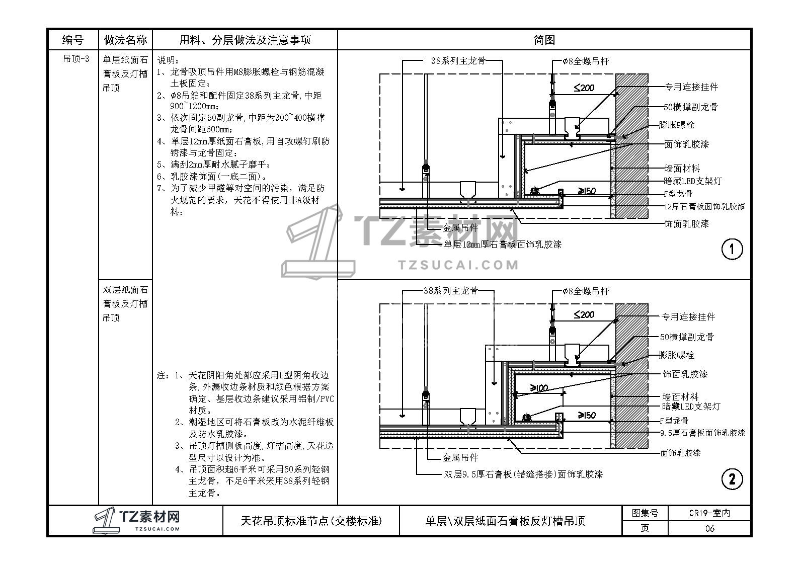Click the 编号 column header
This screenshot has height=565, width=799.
click(x=72, y=40)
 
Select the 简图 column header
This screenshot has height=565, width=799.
click(x=544, y=40)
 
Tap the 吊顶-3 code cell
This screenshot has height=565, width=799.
click(x=76, y=59)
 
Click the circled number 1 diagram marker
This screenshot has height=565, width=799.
click(x=732, y=249)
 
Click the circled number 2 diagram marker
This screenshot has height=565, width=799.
click(x=732, y=479)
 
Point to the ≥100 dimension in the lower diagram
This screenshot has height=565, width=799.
click(x=539, y=388)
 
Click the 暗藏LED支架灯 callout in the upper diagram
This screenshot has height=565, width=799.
click(x=693, y=181)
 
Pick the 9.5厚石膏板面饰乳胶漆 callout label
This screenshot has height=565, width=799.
click(x=702, y=433)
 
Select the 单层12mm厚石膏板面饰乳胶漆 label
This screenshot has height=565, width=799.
click(x=502, y=245)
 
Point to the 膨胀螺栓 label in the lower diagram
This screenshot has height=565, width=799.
click(x=677, y=355)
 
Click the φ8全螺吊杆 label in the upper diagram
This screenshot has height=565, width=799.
click(x=586, y=61)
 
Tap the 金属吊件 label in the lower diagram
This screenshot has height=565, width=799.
click(x=460, y=458)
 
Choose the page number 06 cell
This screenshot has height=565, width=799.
click(x=709, y=528)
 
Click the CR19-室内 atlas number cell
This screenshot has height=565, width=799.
click(x=709, y=513)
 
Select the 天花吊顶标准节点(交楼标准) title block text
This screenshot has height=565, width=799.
click(x=311, y=521)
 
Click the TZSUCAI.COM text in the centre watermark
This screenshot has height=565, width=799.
click(x=457, y=265)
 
